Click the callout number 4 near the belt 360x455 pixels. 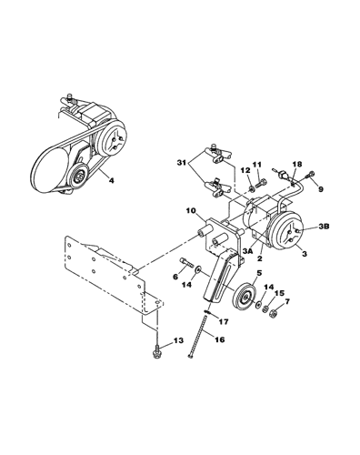(x=112, y=181)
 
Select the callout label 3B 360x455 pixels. (x=325, y=227)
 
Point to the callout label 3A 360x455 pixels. (x=248, y=251)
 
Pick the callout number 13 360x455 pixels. (x=179, y=340)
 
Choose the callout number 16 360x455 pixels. (x=220, y=339)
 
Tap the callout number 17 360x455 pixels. (x=225, y=321)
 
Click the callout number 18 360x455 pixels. (x=297, y=164)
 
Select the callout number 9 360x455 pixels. (x=321, y=189)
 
